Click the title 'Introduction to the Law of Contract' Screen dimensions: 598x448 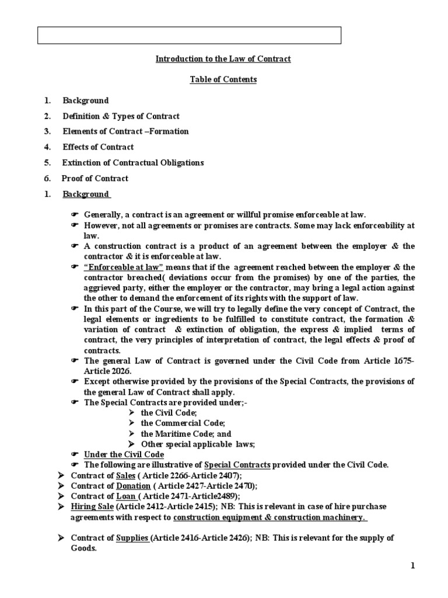[x=223, y=59]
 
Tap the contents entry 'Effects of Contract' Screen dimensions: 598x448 [x=98, y=147]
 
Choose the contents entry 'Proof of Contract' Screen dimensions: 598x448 [x=96, y=178]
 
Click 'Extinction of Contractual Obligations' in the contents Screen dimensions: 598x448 [x=133, y=162]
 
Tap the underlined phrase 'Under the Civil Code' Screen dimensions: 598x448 [x=124, y=454]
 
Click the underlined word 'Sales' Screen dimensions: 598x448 [x=126, y=475]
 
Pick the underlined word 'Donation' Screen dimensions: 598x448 [x=134, y=486]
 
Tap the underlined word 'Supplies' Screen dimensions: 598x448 [x=132, y=538]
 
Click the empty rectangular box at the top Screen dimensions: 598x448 [x=190, y=35]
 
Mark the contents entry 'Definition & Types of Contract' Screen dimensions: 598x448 [x=121, y=116]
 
